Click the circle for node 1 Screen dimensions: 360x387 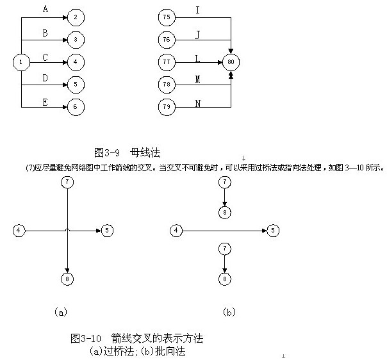pyautogui.click(x=21, y=62)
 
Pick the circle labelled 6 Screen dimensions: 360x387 pyautogui.click(x=75, y=106)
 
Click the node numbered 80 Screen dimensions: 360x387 pyautogui.click(x=230, y=62)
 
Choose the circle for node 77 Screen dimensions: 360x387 pyautogui.click(x=167, y=62)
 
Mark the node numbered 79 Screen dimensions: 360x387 pyautogui.click(x=167, y=106)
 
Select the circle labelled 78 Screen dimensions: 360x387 pyautogui.click(x=167, y=85)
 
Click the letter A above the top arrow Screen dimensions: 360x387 pyautogui.click(x=44, y=10)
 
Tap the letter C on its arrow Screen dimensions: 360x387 pyautogui.click(x=44, y=56)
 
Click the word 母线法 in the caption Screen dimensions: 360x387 pyautogui.click(x=145, y=152)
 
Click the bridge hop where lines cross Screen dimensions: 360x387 pyautogui.click(x=67, y=229)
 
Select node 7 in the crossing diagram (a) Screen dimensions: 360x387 pyautogui.click(x=67, y=182)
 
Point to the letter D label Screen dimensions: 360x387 pyautogui.click(x=44, y=78)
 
